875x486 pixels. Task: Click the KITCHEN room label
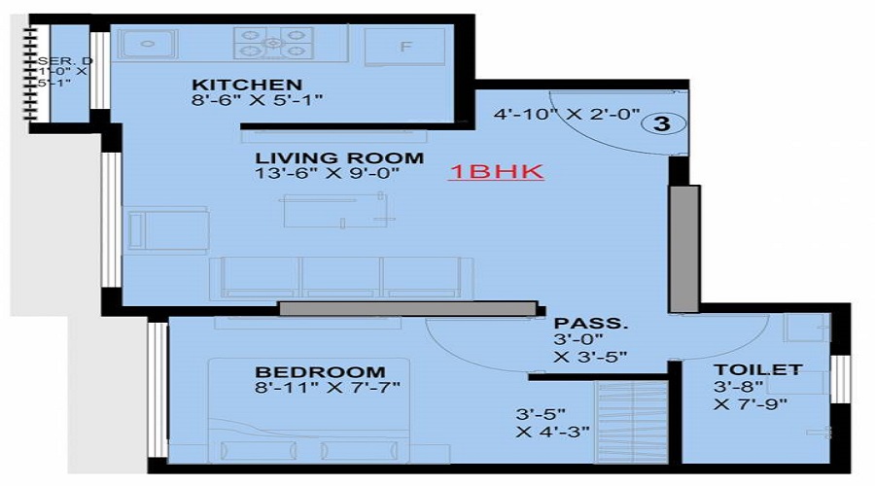[247, 84]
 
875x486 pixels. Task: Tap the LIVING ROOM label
[339, 157]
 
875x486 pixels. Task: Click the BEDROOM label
[320, 372]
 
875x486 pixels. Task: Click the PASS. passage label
[577, 323]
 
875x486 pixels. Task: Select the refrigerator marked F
[405, 46]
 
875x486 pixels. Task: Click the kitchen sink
[147, 44]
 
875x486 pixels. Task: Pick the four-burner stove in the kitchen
[273, 43]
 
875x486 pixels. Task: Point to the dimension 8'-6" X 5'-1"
[257, 100]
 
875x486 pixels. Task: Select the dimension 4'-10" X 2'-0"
[567, 115]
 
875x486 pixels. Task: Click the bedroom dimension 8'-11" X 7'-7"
[328, 389]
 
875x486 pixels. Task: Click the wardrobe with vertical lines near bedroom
[633, 423]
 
